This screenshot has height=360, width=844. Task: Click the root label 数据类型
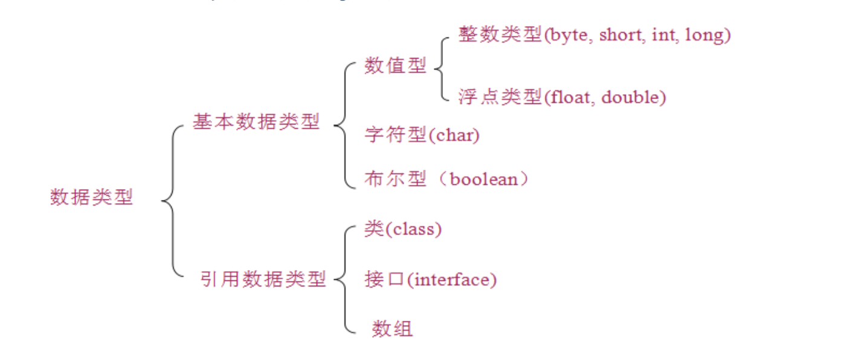[x=91, y=198]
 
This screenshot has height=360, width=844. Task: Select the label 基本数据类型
[x=256, y=123]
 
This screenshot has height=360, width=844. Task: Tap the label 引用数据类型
[x=263, y=279]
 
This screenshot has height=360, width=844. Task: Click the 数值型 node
[x=395, y=66]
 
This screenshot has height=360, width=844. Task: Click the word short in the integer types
[x=622, y=35]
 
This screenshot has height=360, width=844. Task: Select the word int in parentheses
[x=666, y=35]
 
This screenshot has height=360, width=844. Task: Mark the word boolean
[x=484, y=179]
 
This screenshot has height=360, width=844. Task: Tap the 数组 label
[x=392, y=329]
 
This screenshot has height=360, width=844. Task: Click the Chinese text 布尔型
[x=395, y=179]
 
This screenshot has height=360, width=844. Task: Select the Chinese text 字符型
[x=395, y=135]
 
